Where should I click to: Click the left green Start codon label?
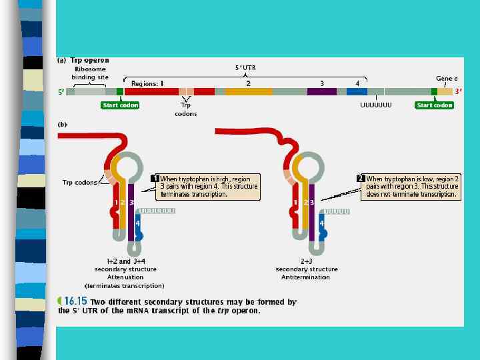120,105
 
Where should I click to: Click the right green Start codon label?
434,105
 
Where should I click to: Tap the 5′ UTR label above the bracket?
245,67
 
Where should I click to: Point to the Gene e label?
447,79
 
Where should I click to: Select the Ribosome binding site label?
90,73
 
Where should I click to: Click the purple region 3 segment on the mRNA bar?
321,91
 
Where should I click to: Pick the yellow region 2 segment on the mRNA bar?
249,91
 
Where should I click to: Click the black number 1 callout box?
155,179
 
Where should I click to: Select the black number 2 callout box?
361,179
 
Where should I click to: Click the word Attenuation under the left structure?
125,277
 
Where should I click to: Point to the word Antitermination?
307,277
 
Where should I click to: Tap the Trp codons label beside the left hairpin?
79,182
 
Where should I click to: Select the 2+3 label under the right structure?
307,261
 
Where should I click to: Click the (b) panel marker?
63,124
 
